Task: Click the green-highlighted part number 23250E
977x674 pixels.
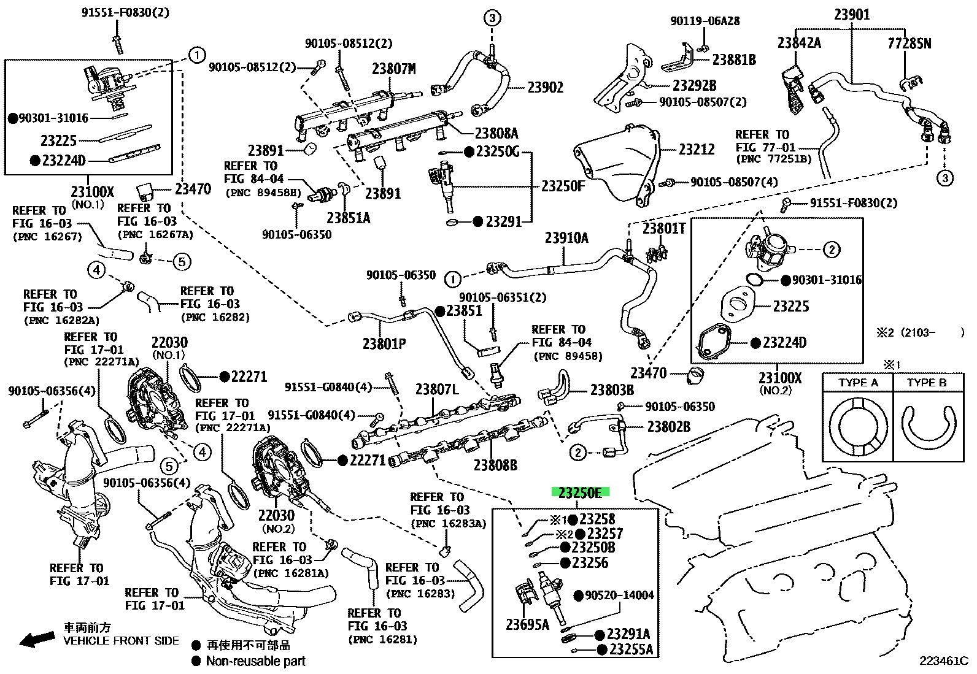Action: click(x=580, y=492)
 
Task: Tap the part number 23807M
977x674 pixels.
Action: click(x=394, y=69)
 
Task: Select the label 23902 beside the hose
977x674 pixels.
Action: click(x=545, y=88)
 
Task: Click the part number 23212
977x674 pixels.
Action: click(x=697, y=150)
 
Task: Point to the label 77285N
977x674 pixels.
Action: click(x=909, y=44)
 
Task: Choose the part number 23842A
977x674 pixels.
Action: click(x=799, y=43)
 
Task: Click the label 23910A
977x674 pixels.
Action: click(x=566, y=237)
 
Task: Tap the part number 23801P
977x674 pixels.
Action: click(x=384, y=344)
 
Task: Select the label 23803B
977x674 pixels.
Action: click(x=612, y=390)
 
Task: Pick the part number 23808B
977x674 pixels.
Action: click(x=495, y=465)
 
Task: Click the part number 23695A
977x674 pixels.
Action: click(x=527, y=625)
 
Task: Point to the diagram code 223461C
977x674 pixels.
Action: click(x=944, y=661)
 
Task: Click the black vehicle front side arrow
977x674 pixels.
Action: click(x=37, y=639)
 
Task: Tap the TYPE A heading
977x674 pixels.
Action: click(x=858, y=383)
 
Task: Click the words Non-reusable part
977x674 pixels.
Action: click(x=255, y=661)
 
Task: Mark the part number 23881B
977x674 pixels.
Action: click(x=734, y=59)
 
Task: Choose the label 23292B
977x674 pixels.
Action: click(x=694, y=85)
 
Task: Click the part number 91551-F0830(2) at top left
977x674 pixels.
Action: click(x=125, y=13)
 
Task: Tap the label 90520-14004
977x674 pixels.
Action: click(x=619, y=595)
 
